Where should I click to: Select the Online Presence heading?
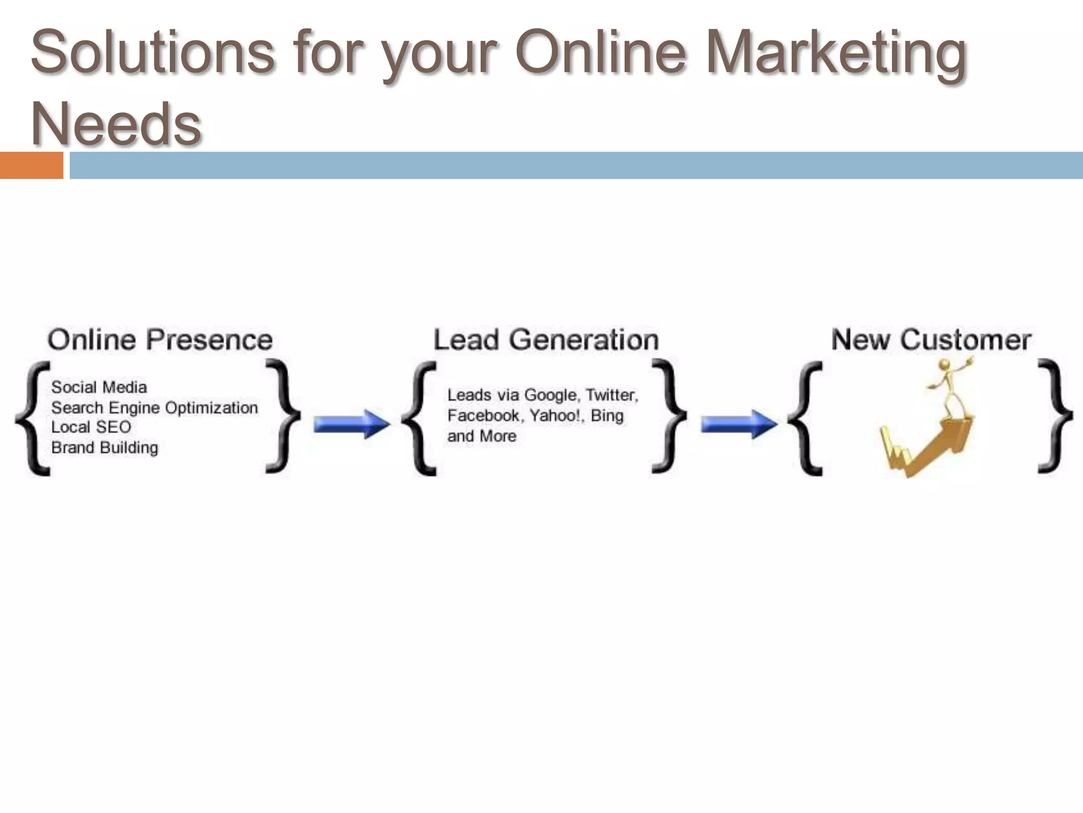coord(160,339)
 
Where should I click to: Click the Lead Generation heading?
coord(546,339)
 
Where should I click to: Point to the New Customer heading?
coord(931,339)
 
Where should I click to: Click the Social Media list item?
coord(99,387)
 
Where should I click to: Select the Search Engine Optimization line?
coord(154,408)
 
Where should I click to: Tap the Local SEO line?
coord(91,427)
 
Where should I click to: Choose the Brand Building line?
coord(105,448)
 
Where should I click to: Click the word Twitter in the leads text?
coord(612,395)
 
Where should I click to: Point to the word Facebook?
coord(483,415)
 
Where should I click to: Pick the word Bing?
coord(607,415)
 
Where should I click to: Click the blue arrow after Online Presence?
coord(351,424)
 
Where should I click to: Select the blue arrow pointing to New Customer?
coord(739,424)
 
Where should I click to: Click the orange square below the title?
coord(31,165)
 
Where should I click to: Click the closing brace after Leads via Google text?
coord(668,416)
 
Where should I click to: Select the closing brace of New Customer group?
coord(1054,416)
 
